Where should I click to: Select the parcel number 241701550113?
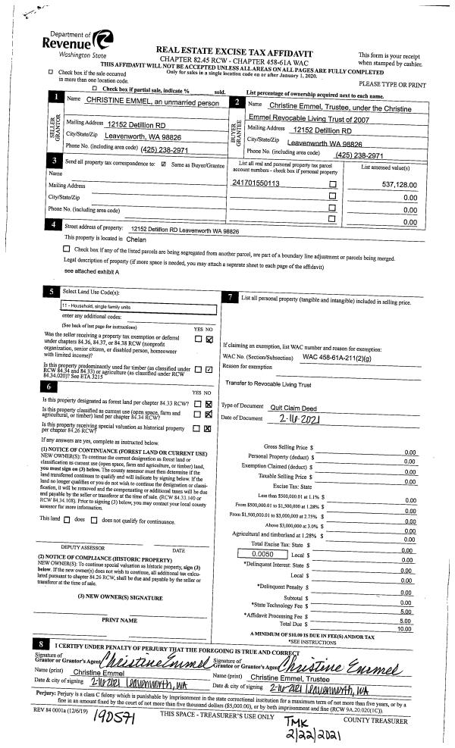coord(256,183)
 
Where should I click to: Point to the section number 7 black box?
coord(230,297)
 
